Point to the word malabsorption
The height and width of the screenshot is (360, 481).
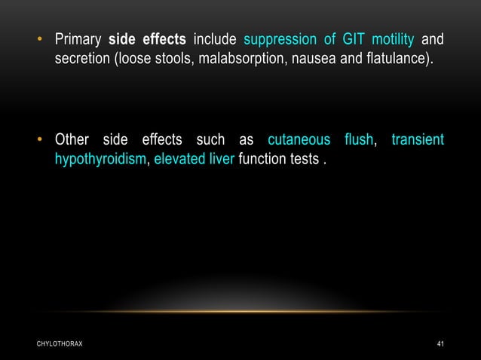tap(236, 59)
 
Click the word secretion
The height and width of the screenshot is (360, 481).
tap(81, 59)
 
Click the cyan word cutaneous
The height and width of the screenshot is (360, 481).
tap(299, 140)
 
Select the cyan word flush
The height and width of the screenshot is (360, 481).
tap(358, 140)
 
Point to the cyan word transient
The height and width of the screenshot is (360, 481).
tap(417, 140)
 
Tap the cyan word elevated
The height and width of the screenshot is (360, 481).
tap(179, 160)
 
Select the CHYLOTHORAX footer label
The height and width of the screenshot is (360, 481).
tap(60, 344)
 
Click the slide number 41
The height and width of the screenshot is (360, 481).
tap(440, 344)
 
